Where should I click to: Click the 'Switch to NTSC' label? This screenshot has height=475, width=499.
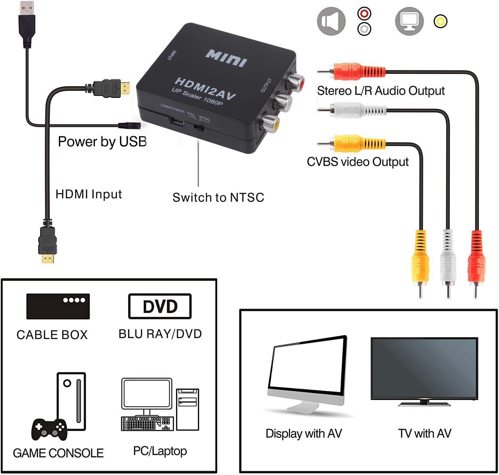pos(218,198)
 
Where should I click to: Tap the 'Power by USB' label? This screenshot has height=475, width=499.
pos(102,142)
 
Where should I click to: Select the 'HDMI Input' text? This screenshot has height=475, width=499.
pos(89,194)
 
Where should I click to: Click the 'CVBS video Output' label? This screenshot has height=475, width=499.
pos(357,162)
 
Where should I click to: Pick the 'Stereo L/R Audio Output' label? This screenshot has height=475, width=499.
pos(380,91)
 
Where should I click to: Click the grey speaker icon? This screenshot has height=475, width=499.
pos(331,21)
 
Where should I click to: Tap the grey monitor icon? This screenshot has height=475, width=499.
pos(409,21)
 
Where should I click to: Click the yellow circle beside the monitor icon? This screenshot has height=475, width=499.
pos(440,22)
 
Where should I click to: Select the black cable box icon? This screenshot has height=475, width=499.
pos(58,306)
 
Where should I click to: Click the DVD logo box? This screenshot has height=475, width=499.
pos(160,306)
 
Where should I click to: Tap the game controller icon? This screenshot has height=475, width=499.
pos(49,429)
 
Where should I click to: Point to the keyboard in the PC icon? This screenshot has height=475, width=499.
pos(146,423)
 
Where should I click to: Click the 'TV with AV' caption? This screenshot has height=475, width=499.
pos(425,434)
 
